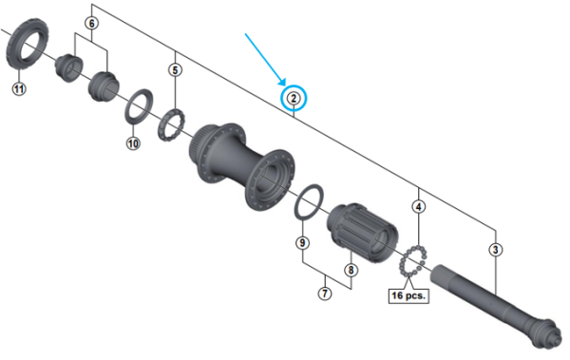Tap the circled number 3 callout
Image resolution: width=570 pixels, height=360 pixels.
496,250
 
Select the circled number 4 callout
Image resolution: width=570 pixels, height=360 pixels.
419,205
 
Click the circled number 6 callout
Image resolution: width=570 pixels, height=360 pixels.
91,21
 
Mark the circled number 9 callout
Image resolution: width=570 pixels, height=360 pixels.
303,243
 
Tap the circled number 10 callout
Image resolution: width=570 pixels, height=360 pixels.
133,143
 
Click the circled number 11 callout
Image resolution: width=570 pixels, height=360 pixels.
18,88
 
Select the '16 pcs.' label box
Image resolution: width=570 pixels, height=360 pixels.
408,295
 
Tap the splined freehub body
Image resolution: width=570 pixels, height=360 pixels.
360,233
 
